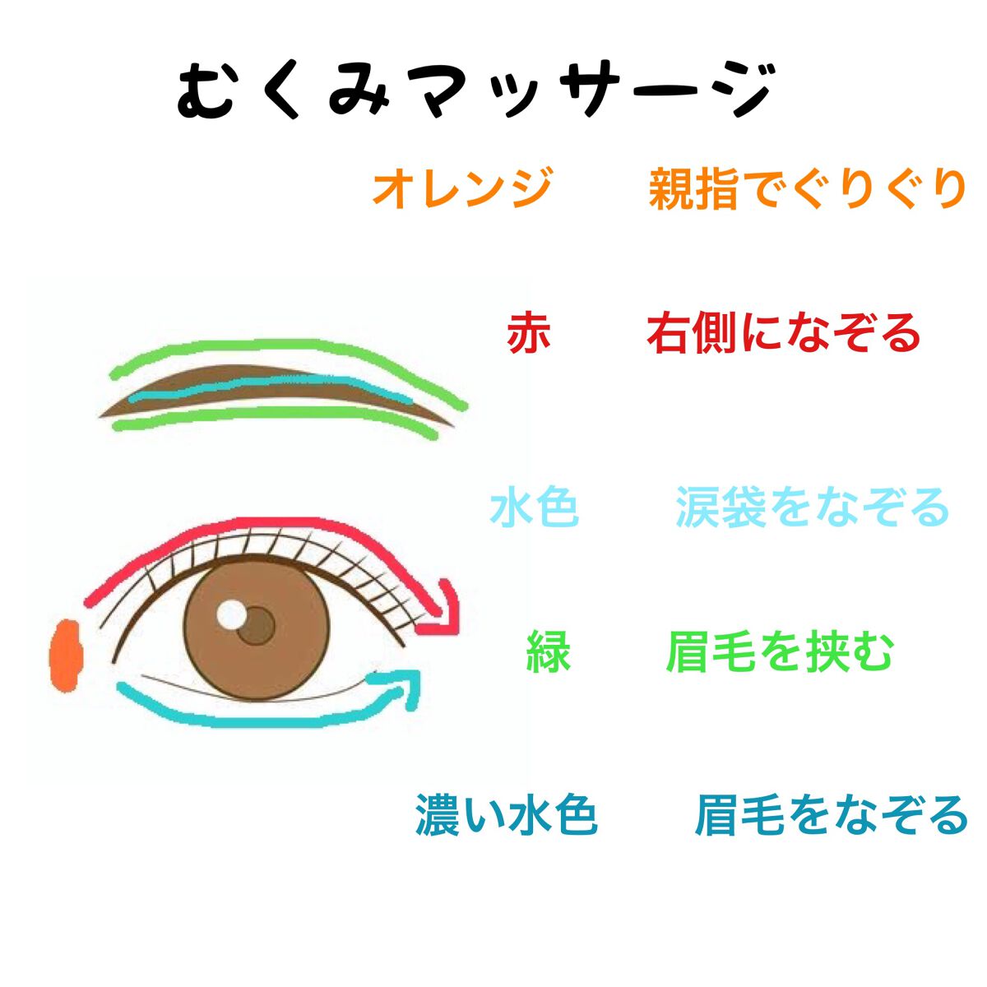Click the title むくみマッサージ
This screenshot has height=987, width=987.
coord(474,90)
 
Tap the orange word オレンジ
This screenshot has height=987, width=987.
coord(463,188)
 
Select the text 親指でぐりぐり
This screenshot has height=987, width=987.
coord(807,188)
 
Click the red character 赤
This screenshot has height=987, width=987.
coord(529,333)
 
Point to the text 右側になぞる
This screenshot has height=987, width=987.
coord(783,333)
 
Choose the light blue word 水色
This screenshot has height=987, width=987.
coord(535,507)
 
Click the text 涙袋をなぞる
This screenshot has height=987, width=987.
coord(813,507)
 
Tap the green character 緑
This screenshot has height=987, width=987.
coord(548,652)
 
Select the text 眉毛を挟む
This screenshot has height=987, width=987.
coord(780,652)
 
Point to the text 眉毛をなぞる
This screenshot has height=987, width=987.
coord(831,815)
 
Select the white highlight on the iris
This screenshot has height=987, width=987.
coord(231,615)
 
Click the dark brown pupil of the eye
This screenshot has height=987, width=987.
coord(256,626)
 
